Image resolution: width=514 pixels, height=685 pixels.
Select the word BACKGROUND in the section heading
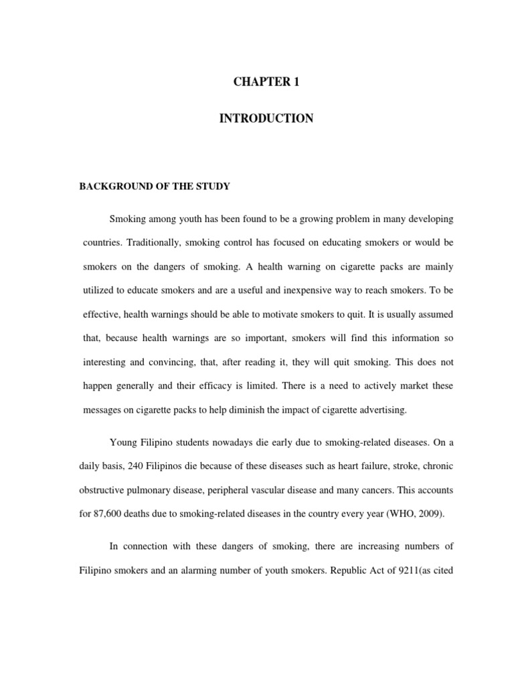point(110,187)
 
